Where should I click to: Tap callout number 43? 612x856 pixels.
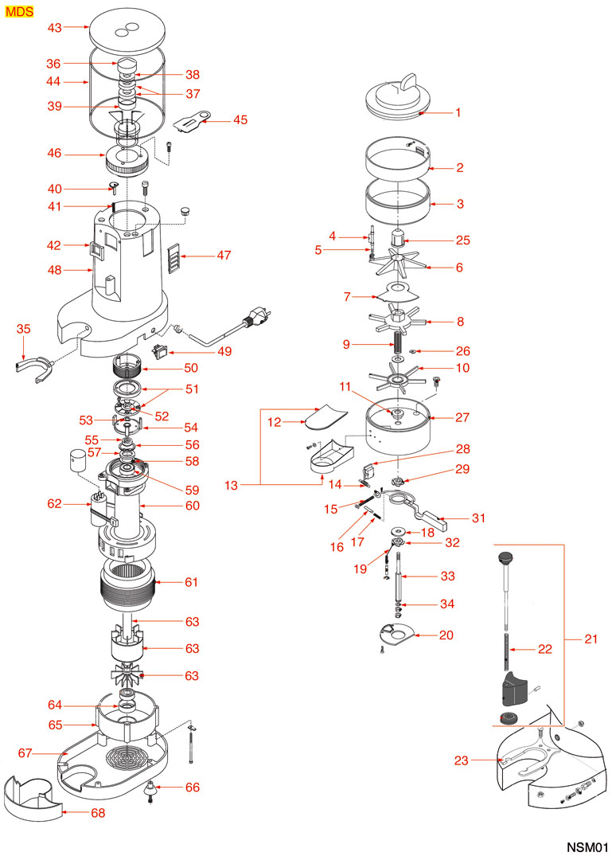[x=54, y=27]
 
